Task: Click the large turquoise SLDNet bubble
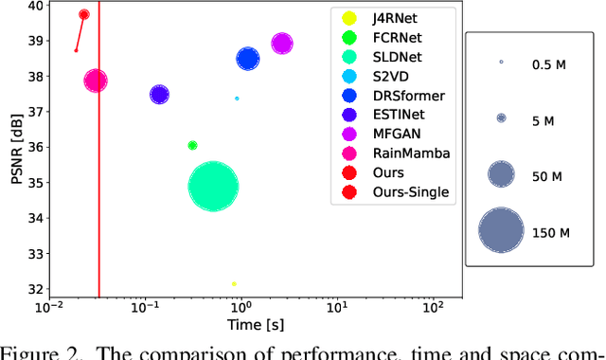click(x=213, y=186)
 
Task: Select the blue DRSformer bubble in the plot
click(x=247, y=59)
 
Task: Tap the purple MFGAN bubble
click(x=281, y=44)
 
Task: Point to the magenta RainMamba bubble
click(x=96, y=81)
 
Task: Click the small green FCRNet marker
click(x=192, y=145)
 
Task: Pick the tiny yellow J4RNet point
click(x=234, y=283)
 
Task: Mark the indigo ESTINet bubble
click(x=159, y=94)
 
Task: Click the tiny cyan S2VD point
click(x=237, y=99)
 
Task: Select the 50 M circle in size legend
click(x=501, y=173)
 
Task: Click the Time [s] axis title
click(x=255, y=325)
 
